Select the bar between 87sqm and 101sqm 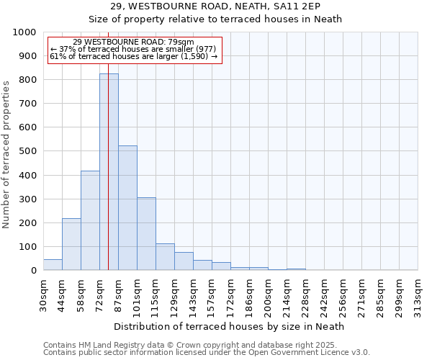(x=127, y=209)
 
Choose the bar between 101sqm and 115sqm (x=146, y=234)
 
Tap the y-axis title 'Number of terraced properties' (x=6, y=155)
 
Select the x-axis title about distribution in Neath (x=230, y=326)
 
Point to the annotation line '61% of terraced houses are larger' (x=134, y=55)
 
